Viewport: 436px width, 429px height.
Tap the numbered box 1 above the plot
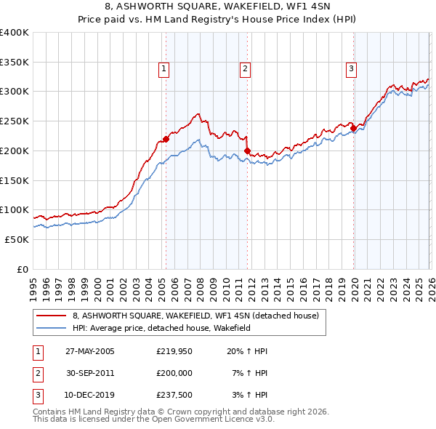pyautogui.click(x=163, y=69)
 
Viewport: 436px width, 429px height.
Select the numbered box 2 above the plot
pyautogui.click(x=246, y=69)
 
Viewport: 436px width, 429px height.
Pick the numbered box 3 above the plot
pyautogui.click(x=351, y=69)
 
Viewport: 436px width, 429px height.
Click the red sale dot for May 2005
pyautogui.click(x=166, y=138)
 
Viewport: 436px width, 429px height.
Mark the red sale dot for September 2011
pyautogui.click(x=247, y=151)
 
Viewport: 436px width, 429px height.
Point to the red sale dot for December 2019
pyautogui.click(x=353, y=129)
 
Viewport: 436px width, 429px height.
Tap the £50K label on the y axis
pyautogui.click(x=17, y=239)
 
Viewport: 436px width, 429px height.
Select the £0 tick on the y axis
pyautogui.click(x=23, y=269)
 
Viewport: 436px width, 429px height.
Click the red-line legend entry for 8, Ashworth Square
pyautogui.click(x=195, y=316)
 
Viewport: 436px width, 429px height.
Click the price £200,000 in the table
pyautogui.click(x=174, y=374)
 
